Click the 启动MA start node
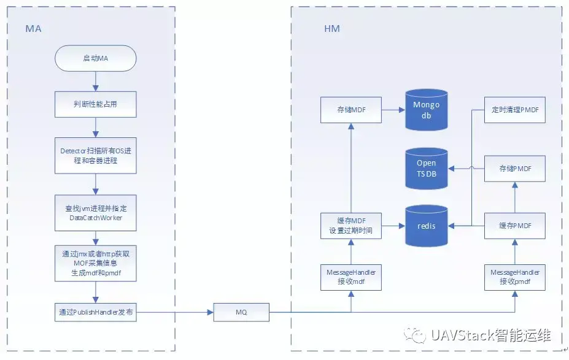click(95, 58)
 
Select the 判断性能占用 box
click(95, 104)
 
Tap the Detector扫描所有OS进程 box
click(95, 156)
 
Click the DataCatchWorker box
click(95, 213)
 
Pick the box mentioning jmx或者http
click(95, 263)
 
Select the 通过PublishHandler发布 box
click(95, 312)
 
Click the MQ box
click(241, 312)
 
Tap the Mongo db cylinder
click(426, 110)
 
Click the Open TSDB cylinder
click(426, 169)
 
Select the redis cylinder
click(426, 226)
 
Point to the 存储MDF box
click(351, 110)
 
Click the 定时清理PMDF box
click(514, 110)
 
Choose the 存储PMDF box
click(514, 169)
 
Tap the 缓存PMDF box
click(514, 226)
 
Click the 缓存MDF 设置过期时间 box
click(351, 226)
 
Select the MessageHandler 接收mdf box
click(351, 277)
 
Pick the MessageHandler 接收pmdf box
click(514, 277)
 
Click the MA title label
click(33, 29)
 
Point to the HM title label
click(332, 29)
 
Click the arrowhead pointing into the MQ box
click(210, 312)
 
